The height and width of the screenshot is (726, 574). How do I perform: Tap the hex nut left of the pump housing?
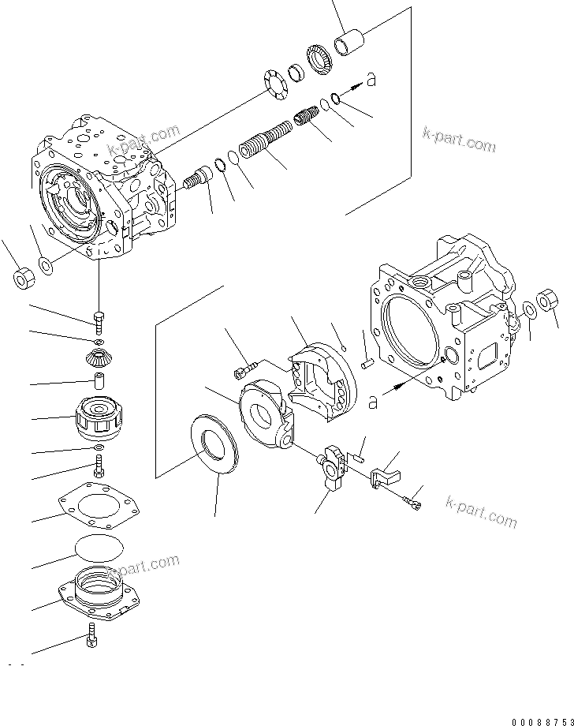point(22,277)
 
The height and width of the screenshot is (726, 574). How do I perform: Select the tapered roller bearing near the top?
point(322,61)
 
